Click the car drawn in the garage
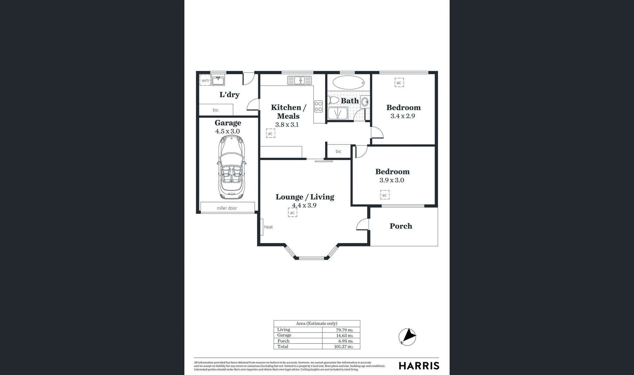231,167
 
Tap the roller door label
227,208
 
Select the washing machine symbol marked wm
205,80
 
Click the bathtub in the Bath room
349,83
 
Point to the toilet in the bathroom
334,101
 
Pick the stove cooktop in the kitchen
318,106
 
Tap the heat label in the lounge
268,227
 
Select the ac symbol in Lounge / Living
293,212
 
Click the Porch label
401,226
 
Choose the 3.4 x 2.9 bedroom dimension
403,116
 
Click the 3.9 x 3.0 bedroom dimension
392,180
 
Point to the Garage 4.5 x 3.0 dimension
228,131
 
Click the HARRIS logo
419,366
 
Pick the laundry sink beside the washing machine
219,81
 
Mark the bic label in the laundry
216,110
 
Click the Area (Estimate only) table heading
316,323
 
